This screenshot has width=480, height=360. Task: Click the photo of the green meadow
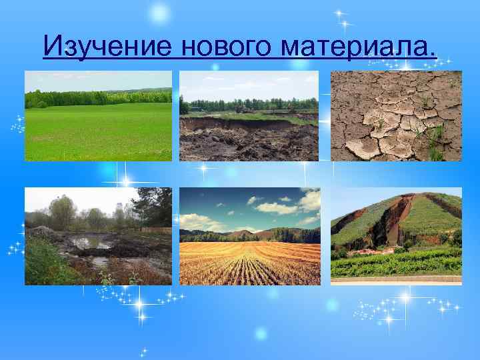(98, 130)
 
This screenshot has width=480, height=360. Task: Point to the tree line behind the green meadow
(98, 97)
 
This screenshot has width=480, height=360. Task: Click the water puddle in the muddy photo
(91, 243)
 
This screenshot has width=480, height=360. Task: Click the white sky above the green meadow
(98, 80)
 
